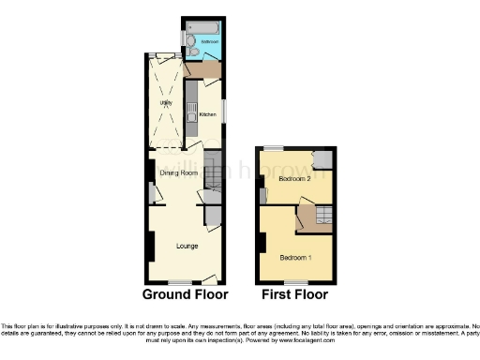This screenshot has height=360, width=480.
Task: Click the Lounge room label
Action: coord(187,246)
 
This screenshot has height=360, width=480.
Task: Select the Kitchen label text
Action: coord(207,114)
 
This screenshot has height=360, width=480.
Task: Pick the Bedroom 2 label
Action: coord(294,177)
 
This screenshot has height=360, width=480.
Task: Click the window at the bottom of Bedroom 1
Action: coord(297,282)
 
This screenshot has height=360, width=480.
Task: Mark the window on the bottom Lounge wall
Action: coord(180,282)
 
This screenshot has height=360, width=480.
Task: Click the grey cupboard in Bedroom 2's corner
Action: coord(322,158)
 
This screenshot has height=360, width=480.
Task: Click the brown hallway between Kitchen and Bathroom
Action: coord(203,69)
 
